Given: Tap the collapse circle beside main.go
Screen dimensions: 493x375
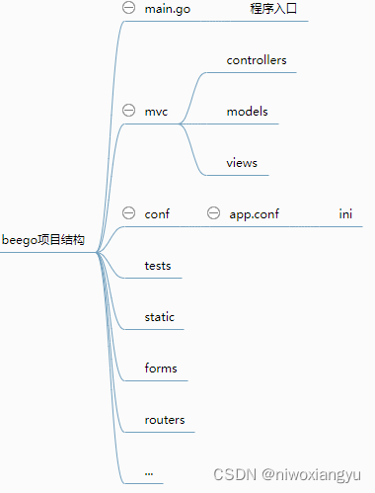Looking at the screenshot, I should tap(128, 8).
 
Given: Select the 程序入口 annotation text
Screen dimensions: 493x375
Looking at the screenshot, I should tap(273, 9).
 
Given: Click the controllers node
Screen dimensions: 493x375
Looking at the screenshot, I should tap(257, 60).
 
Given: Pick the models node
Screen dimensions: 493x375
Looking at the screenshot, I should tap(247, 112).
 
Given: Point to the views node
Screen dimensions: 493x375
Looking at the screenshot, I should tap(242, 163).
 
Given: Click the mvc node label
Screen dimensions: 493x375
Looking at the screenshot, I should tap(156, 112).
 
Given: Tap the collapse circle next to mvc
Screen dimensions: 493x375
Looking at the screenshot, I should tap(128, 111).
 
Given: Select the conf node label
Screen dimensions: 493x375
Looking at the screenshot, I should tap(157, 214).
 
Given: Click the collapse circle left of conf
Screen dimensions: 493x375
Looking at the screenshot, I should tap(128, 213).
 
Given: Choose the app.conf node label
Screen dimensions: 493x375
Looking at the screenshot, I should tap(254, 214).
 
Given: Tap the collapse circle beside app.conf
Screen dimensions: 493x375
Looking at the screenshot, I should tap(213, 213).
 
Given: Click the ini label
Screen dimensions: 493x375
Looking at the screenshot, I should tap(345, 214).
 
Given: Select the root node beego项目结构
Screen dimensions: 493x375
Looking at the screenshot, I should tap(43, 240).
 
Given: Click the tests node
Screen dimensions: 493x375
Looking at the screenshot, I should tap(158, 266).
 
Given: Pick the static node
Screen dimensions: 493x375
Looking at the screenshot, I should tap(159, 317).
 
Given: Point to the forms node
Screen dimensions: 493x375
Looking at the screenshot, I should tap(161, 369).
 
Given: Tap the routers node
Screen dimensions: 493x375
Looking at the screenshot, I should tap(164, 420).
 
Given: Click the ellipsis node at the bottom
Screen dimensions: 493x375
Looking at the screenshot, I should tap(148, 472).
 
